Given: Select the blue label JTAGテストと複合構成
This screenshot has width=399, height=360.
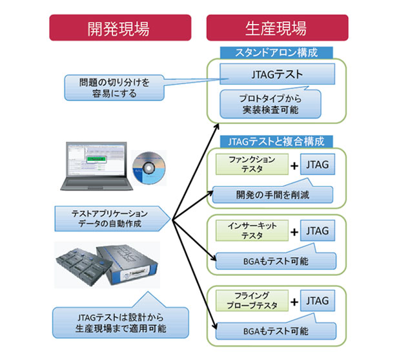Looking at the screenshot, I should pyautogui.click(x=276, y=140).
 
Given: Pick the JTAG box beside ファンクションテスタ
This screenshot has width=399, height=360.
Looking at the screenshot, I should pyautogui.click(x=317, y=164).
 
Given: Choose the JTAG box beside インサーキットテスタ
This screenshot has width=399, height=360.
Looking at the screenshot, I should pyautogui.click(x=317, y=231).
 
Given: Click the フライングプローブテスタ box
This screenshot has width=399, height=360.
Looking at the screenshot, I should pyautogui.click(x=252, y=301).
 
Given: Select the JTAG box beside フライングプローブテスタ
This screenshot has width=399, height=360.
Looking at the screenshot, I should pyautogui.click(x=317, y=301).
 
